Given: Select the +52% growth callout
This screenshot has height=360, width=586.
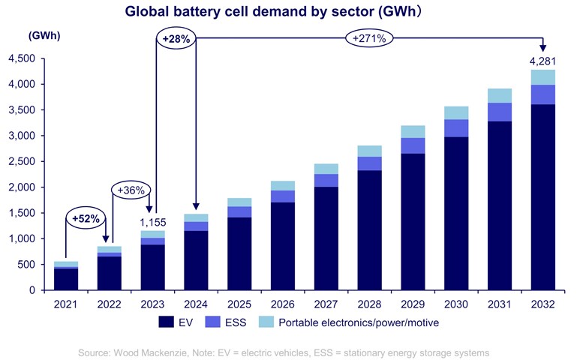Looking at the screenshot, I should point(86,219).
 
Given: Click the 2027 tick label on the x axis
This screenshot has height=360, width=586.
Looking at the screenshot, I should point(326,305).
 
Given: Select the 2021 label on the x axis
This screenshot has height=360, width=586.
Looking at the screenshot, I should point(66,305).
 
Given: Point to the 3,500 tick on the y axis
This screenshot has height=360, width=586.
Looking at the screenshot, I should point(21,110).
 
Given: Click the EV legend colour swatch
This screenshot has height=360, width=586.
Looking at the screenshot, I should point(169,323).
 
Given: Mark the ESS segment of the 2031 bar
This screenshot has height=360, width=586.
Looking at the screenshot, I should point(500,112).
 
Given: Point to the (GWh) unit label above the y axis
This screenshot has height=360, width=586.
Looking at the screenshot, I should point(44,35).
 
